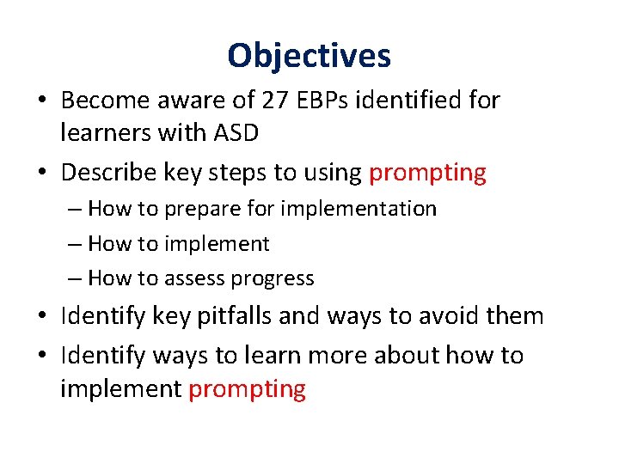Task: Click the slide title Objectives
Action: coord(309,56)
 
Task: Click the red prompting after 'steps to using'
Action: coord(427,173)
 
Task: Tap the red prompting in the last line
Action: coord(247,389)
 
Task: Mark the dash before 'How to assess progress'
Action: coord(73,278)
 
